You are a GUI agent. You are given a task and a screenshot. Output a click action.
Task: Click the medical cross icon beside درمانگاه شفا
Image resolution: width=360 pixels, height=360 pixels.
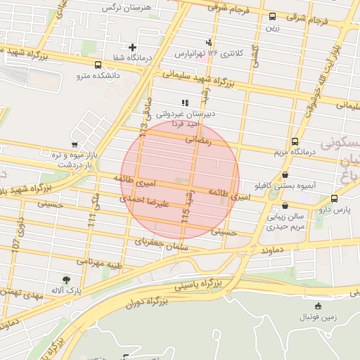[132, 47]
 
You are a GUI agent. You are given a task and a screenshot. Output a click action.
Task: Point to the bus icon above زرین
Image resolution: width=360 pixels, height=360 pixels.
[272, 16]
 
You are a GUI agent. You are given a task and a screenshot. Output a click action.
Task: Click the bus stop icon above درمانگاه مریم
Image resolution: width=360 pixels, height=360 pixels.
[295, 141]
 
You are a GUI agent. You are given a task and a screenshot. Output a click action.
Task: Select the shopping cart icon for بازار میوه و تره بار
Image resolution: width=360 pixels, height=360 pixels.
[75, 144]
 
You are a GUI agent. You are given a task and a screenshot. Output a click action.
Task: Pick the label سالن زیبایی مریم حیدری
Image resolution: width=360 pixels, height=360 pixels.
[285, 222]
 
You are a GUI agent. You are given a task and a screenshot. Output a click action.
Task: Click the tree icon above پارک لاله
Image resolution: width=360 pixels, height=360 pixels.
[67, 280]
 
